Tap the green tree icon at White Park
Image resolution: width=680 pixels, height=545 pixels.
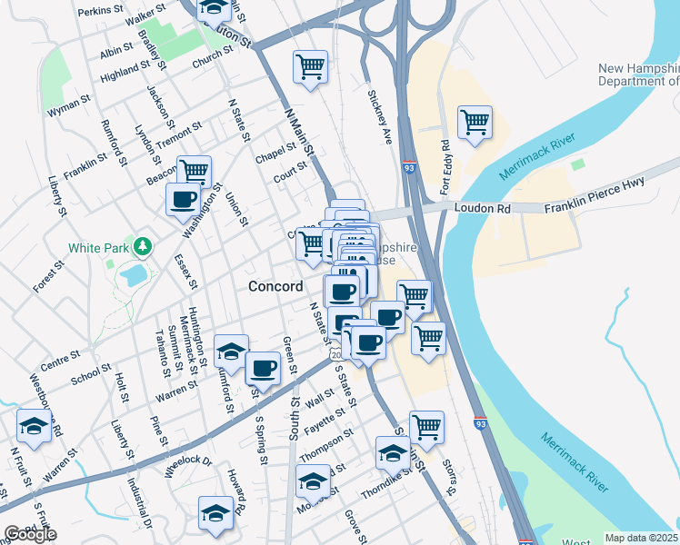pyautogui.click(x=142, y=246)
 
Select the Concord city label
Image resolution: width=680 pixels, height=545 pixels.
pyautogui.click(x=275, y=286)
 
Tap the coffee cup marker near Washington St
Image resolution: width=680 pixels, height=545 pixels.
pyautogui.click(x=183, y=199)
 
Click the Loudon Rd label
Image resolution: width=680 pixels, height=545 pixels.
pyautogui.click(x=488, y=208)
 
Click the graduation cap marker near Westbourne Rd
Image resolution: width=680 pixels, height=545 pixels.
pyautogui.click(x=35, y=425)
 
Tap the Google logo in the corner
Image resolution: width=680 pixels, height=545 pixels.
pyautogui.click(x=29, y=534)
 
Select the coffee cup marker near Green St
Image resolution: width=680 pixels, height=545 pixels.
pyautogui.click(x=263, y=368)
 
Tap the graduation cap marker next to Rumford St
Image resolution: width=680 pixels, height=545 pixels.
pyautogui.click(x=231, y=351)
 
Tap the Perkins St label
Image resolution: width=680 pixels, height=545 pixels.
pyautogui.click(x=101, y=9)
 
